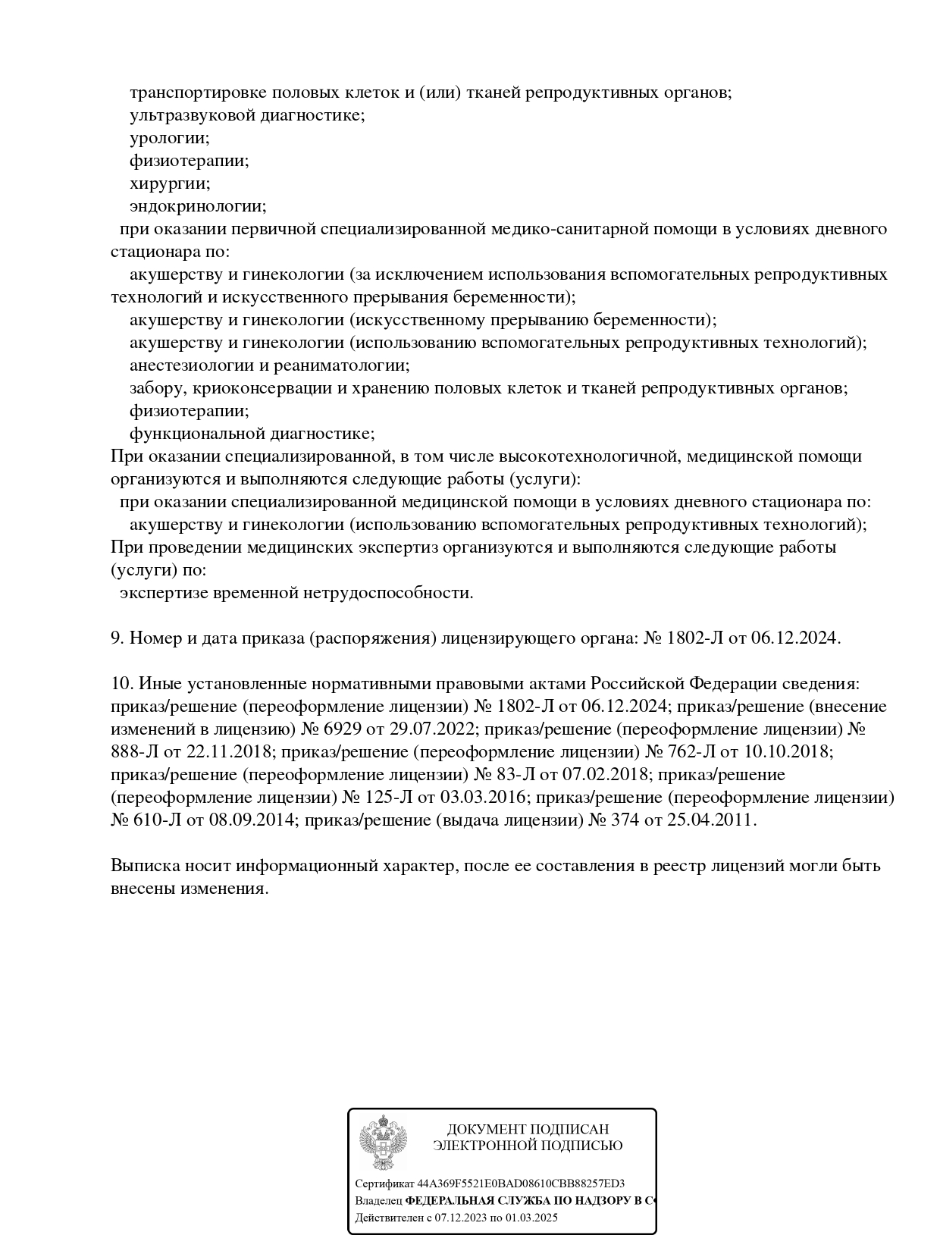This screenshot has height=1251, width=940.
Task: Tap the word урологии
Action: (169, 138)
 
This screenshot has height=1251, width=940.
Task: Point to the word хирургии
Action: (170, 183)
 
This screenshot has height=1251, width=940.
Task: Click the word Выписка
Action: (142, 866)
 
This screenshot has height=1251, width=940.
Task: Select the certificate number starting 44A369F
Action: (521, 1184)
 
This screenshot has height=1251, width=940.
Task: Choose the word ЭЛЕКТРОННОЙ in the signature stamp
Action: (480, 1146)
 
